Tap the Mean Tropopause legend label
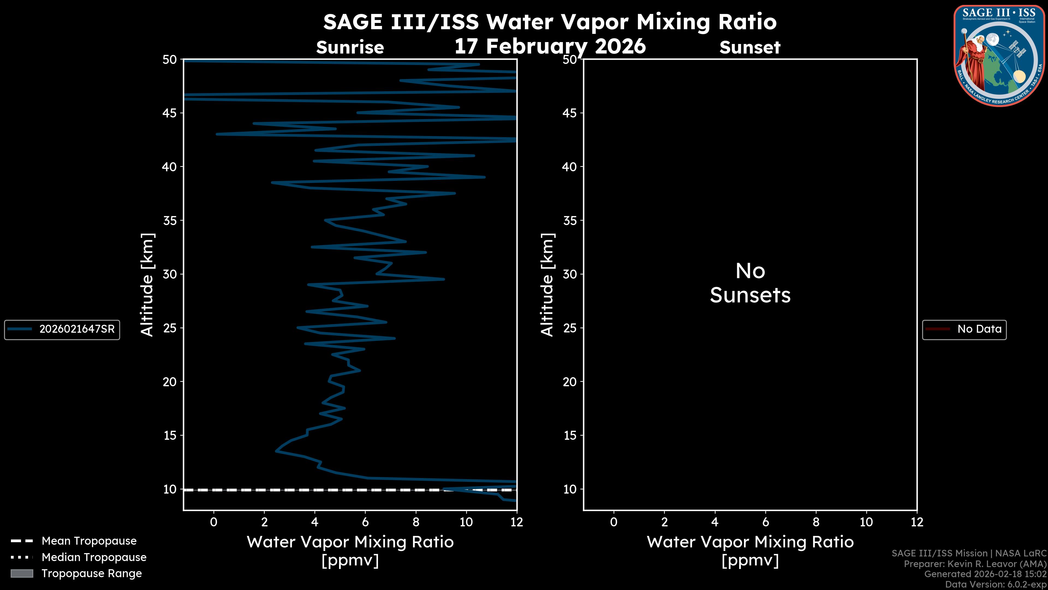[89, 541]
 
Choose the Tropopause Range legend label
[91, 573]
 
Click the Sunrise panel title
[350, 48]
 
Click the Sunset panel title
[750, 48]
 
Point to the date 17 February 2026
[550, 46]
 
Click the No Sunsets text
[750, 283]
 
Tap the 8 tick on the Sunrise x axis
[416, 522]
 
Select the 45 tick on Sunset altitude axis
[570, 113]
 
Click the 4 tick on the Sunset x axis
[715, 522]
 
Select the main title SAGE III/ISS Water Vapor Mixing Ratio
[550, 22]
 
